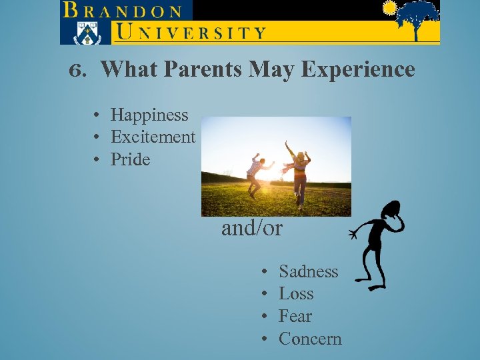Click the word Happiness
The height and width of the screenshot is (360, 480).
(x=149, y=115)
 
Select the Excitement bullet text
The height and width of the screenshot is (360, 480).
(x=153, y=137)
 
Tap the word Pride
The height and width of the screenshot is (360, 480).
(x=130, y=159)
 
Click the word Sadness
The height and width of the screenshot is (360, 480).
(x=308, y=271)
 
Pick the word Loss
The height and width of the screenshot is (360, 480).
(x=296, y=294)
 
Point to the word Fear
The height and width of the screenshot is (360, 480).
(x=295, y=316)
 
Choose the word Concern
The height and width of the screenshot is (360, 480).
(x=310, y=339)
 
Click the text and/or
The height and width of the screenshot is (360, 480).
(x=252, y=229)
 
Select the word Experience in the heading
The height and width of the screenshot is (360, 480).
(x=357, y=69)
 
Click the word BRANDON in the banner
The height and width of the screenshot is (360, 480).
(x=123, y=11)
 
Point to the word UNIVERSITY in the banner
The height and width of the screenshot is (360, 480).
(x=191, y=31)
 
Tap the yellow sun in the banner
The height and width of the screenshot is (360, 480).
(x=389, y=9)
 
